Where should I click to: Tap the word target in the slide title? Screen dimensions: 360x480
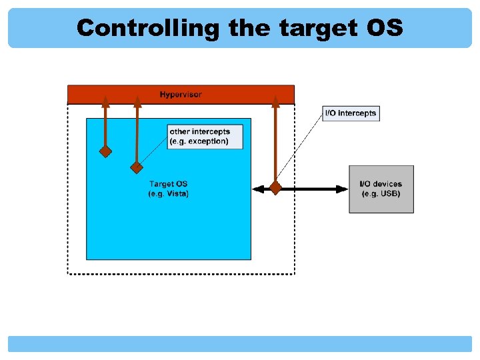(317, 28)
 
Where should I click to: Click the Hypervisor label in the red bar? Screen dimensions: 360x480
(180, 94)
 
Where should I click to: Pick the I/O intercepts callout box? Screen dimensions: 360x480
(351, 113)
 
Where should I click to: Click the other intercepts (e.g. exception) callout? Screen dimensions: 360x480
(206, 137)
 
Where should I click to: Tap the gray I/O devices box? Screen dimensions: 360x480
(381, 189)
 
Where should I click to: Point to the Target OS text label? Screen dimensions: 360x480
(169, 184)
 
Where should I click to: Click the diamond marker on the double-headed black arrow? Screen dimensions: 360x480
(275, 189)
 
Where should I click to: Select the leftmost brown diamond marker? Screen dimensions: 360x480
(105, 151)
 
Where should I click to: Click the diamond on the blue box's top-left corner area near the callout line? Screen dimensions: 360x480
(137, 167)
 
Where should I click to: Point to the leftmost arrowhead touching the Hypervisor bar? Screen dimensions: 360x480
(105, 101)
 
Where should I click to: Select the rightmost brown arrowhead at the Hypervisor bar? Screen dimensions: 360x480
(275, 101)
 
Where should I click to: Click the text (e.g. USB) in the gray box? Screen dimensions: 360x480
(381, 194)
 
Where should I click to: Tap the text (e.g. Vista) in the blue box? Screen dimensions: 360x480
(169, 194)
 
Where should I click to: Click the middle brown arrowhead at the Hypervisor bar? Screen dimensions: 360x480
(137, 101)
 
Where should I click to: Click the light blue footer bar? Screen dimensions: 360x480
(240, 343)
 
